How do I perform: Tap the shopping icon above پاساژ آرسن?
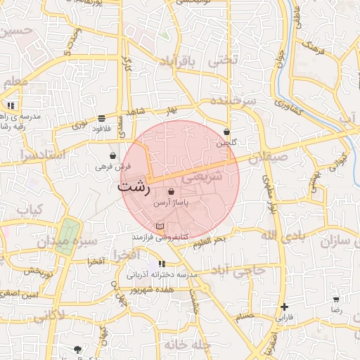click(x=172, y=191)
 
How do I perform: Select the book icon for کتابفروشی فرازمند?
click(x=161, y=226)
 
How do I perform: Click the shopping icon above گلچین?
click(x=226, y=131)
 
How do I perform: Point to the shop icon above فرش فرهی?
click(x=113, y=155)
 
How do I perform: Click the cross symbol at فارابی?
click(x=284, y=307)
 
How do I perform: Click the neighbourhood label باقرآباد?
click(x=169, y=62)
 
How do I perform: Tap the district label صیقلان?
click(x=267, y=160)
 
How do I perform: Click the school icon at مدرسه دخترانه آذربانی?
click(x=151, y=264)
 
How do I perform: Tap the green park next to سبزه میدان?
click(x=67, y=232)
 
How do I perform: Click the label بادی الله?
click(x=285, y=234)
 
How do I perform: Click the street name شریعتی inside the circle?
click(x=202, y=176)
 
